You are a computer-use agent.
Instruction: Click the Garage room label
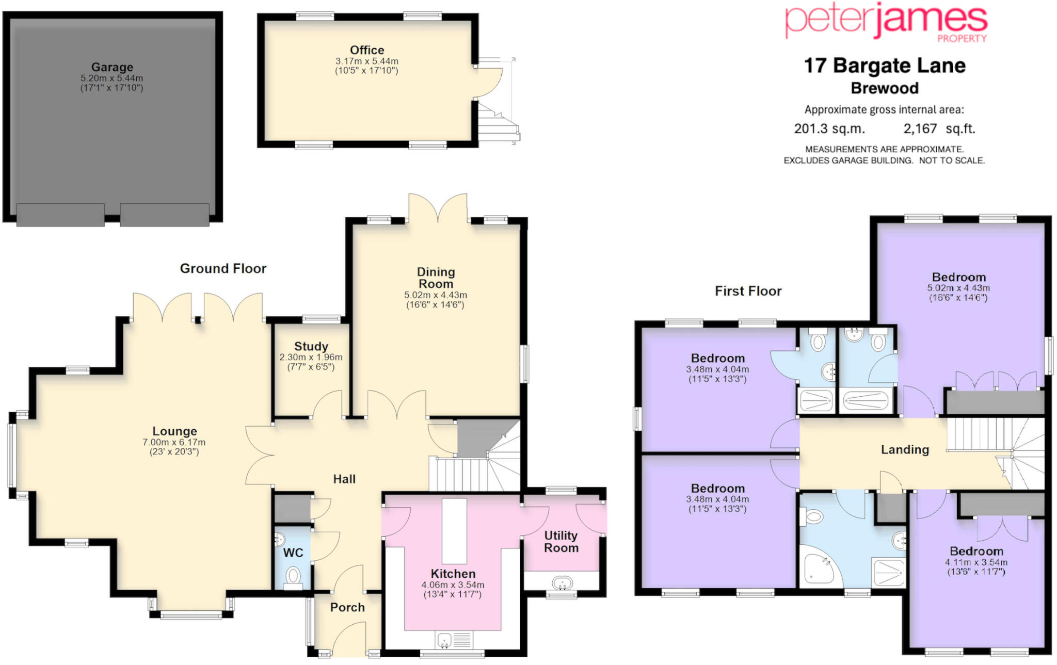point(112,67)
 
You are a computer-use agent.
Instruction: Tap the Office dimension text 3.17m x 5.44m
point(367,61)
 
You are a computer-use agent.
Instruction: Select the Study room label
point(311,346)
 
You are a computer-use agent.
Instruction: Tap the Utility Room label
point(561,542)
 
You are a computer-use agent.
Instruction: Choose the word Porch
point(347,607)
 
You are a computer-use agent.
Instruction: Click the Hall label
point(344,479)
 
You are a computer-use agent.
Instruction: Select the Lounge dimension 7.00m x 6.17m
point(174,442)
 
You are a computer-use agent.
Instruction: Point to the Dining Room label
point(436,278)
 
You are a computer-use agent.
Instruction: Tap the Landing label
point(905,450)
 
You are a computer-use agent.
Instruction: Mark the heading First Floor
point(748,291)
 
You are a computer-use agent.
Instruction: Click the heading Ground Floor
point(223,268)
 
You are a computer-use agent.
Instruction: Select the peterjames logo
point(886,22)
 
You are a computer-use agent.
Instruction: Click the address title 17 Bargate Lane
point(885,66)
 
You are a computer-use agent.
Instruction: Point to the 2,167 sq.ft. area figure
point(939,128)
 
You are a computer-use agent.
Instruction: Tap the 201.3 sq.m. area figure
point(829,128)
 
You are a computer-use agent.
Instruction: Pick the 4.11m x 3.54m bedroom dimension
point(976,562)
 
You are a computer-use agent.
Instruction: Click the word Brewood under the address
point(885,88)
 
